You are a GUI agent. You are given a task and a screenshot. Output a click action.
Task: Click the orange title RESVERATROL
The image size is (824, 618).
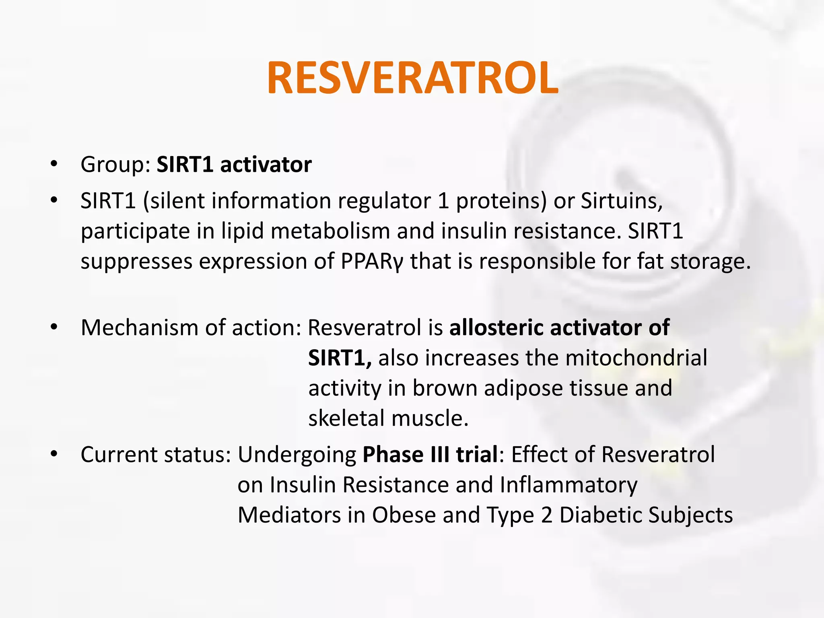point(412,78)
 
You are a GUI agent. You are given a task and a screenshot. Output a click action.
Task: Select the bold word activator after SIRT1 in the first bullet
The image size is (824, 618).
point(266,165)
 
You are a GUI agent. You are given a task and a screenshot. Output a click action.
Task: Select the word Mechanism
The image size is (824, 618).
point(139,328)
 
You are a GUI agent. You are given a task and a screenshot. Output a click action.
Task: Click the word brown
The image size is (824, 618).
point(445,388)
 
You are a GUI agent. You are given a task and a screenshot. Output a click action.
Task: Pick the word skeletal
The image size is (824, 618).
point(346,418)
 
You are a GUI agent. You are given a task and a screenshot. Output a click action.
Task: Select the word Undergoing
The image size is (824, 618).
point(297,455)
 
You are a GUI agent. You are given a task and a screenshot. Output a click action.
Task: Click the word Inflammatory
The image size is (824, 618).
point(568,485)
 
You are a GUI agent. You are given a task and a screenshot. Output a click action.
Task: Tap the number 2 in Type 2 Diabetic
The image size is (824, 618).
point(546,515)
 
